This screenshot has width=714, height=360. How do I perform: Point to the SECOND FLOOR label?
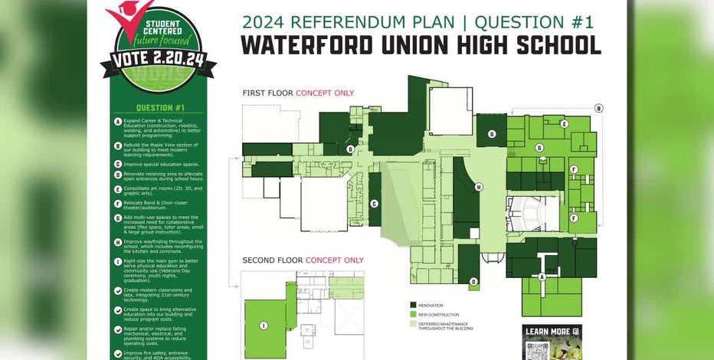coord(272,260)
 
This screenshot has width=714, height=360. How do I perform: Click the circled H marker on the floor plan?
coord(479,187)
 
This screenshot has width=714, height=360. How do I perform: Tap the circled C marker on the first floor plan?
coord(374,203)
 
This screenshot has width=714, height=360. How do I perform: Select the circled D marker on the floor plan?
coord(473,282)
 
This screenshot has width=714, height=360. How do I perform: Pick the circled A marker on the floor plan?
coord(542,277)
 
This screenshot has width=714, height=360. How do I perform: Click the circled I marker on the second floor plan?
coord(264,326)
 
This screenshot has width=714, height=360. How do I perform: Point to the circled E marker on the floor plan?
coord(565,123)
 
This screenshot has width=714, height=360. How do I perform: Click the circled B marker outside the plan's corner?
coord(599,108)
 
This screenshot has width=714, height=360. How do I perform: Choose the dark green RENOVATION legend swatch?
coord(413,304)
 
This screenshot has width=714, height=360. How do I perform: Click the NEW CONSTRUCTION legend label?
coord(440,314)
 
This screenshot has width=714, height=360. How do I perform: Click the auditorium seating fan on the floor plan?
coord(529,212)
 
